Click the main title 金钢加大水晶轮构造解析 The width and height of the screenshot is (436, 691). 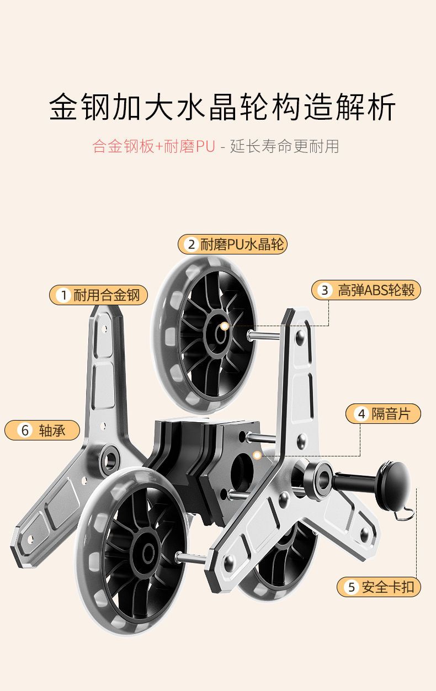click(222, 107)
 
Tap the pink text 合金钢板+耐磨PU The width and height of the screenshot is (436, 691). click(153, 147)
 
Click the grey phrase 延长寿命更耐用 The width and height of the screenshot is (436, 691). click(285, 147)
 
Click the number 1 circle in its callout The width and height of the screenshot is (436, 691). click(63, 295)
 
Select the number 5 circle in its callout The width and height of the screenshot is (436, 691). click(352, 587)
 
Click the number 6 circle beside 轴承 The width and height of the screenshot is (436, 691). click(25, 430)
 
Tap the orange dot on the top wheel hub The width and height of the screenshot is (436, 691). click(224, 326)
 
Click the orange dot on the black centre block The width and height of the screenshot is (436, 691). click(257, 455)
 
